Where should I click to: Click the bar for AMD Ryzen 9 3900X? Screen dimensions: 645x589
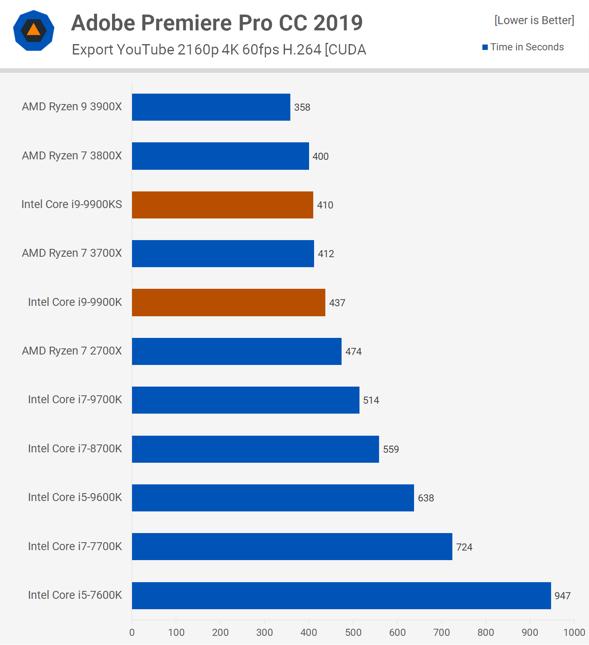[211, 107]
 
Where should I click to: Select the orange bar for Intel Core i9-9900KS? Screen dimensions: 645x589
[222, 205]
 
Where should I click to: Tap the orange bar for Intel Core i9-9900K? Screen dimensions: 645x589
[228, 303]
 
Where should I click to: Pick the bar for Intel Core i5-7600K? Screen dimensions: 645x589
[341, 595]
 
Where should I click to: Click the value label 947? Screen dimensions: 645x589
[562, 596]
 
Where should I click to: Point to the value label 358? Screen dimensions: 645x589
[302, 107]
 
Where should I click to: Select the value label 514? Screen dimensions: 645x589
[371, 400]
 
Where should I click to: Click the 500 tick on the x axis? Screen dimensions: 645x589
[353, 633]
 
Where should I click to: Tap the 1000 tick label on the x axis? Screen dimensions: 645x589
[574, 633]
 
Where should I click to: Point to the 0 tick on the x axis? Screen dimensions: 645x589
[132, 633]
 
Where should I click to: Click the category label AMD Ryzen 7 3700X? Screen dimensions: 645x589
[72, 253]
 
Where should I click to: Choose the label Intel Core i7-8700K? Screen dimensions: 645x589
[75, 449]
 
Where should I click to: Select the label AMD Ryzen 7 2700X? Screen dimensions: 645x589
[72, 351]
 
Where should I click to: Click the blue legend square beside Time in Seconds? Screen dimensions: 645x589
[485, 47]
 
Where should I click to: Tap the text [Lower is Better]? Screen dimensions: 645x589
[534, 20]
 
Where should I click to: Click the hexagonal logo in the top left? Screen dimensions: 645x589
[34, 30]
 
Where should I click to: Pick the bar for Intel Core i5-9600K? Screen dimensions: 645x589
[273, 498]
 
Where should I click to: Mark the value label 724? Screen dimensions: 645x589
[464, 547]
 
